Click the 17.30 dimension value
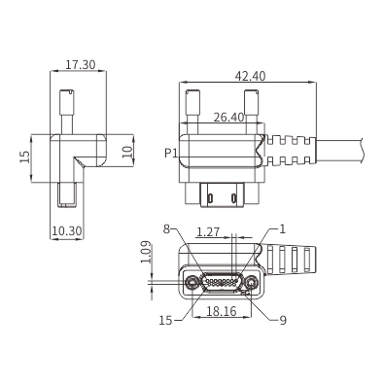(81, 65)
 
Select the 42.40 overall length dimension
(250, 76)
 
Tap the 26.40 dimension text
(228, 118)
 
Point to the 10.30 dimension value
(67, 231)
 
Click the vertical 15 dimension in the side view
(25, 157)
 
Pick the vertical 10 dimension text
(127, 152)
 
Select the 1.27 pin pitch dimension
(208, 232)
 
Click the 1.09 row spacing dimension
(146, 252)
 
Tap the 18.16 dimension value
(222, 311)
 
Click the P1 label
(171, 153)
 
